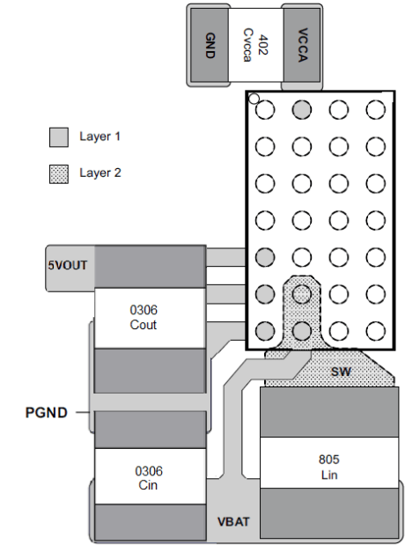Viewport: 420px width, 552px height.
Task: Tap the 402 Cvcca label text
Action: click(255, 43)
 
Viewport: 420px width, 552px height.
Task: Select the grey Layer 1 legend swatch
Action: click(58, 137)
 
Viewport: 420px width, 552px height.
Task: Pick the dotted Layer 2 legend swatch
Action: click(58, 173)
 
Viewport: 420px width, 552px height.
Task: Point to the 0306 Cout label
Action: click(143, 318)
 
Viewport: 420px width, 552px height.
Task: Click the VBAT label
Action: click(233, 522)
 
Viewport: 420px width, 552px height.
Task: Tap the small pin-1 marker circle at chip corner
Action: click(254, 99)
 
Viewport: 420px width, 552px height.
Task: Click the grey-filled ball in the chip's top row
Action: click(301, 109)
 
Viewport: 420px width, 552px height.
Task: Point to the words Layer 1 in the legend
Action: click(99, 137)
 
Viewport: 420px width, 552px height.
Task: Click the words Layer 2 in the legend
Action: click(99, 173)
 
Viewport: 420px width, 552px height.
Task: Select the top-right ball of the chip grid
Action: click(376, 109)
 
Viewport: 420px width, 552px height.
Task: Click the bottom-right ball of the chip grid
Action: click(376, 331)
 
